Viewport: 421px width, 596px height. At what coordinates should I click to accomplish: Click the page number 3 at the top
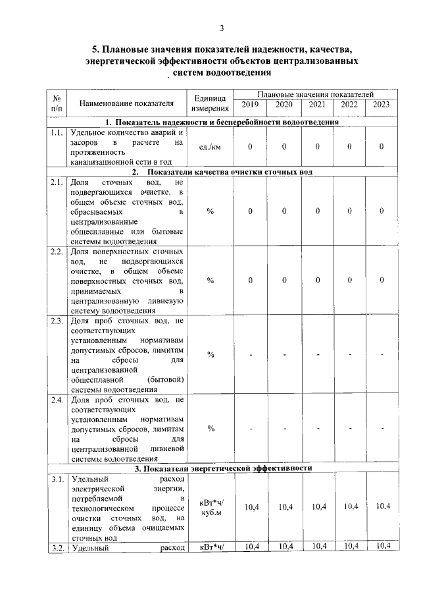pyautogui.click(x=222, y=28)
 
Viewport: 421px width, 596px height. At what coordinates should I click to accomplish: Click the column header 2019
pyautogui.click(x=250, y=105)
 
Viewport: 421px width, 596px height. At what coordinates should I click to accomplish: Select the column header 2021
pyautogui.click(x=317, y=105)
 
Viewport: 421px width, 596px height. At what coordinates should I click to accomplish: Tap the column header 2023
pyautogui.click(x=381, y=105)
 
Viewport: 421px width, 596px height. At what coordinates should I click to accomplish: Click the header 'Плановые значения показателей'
pyautogui.click(x=315, y=95)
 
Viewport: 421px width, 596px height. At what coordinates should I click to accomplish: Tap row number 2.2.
pyautogui.click(x=57, y=252)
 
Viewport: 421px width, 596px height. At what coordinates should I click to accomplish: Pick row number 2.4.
pyautogui.click(x=57, y=400)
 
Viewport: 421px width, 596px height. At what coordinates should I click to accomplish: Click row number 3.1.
pyautogui.click(x=57, y=479)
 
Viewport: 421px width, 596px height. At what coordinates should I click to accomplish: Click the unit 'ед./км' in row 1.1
pyautogui.click(x=210, y=146)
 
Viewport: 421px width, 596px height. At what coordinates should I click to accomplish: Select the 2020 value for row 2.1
pyautogui.click(x=284, y=211)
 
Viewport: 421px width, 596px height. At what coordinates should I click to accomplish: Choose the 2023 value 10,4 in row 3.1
pyautogui.click(x=381, y=506)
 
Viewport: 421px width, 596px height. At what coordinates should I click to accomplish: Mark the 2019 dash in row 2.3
pyautogui.click(x=251, y=355)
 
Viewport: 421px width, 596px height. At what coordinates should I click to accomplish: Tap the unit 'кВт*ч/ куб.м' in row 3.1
pyautogui.click(x=210, y=508)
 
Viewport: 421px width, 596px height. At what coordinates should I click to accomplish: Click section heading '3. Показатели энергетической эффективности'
pyautogui.click(x=222, y=468)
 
